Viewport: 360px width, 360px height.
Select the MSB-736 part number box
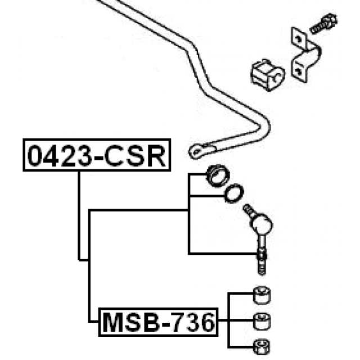pos(157,323)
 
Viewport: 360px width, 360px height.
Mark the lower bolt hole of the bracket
pos(296,69)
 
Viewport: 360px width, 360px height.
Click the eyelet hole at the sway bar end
pos(196,151)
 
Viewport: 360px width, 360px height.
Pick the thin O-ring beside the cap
pos(232,193)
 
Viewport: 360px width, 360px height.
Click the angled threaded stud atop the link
pos(247,210)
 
